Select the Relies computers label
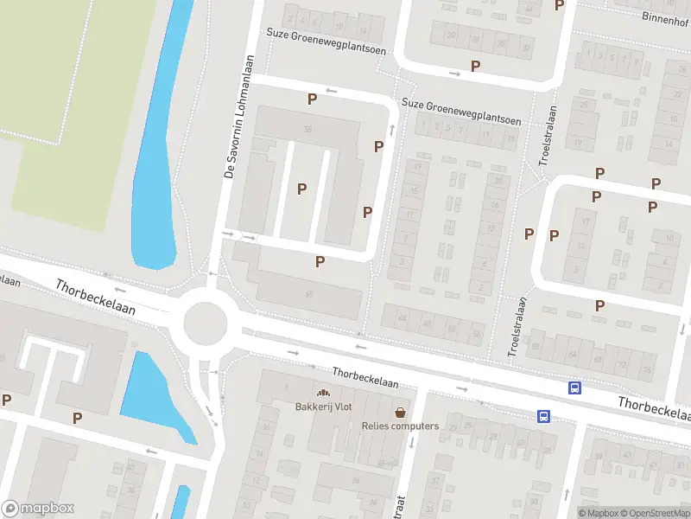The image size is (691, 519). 400,426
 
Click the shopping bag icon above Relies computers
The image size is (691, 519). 400,412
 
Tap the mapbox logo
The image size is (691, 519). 38,509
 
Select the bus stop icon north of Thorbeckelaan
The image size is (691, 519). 574,388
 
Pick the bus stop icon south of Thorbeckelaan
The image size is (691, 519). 544,416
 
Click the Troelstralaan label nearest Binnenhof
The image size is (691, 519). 545,138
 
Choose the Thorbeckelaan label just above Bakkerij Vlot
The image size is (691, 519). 365,377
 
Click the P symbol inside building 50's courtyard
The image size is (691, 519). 301,189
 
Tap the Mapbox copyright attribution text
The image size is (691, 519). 598,513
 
